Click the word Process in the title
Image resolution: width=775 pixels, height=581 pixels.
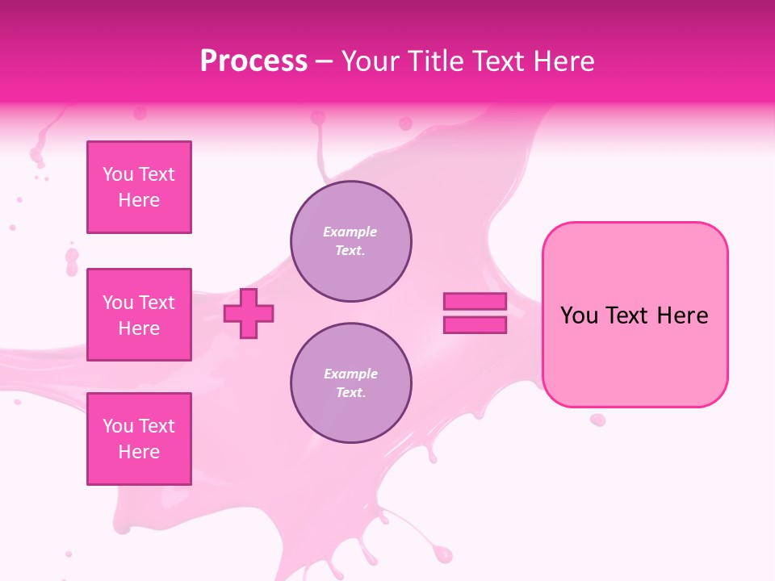pyautogui.click(x=253, y=61)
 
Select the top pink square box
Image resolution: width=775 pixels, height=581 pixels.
pyautogui.click(x=139, y=187)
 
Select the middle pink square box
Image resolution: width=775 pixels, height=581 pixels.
pyautogui.click(x=139, y=315)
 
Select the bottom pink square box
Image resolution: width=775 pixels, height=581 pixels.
pyautogui.click(x=139, y=439)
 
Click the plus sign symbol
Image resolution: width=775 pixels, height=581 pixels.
pyautogui.click(x=249, y=313)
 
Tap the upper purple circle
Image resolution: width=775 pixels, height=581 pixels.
pyautogui.click(x=350, y=241)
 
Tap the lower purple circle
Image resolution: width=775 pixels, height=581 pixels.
pyautogui.click(x=350, y=383)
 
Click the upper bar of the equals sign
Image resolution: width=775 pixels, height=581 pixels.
pyautogui.click(x=475, y=301)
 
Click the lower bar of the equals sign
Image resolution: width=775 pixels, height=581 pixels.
pyautogui.click(x=475, y=325)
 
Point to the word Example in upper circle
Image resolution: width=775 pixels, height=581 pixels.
pyautogui.click(x=350, y=232)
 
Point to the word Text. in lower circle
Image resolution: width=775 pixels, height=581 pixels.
pyautogui.click(x=350, y=393)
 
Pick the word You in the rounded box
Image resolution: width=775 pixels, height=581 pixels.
pyautogui.click(x=579, y=316)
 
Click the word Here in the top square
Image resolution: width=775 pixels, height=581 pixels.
pyautogui.click(x=139, y=200)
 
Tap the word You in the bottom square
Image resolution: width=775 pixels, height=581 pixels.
pyautogui.click(x=118, y=426)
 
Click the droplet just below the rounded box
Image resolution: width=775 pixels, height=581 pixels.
pyautogui.click(x=597, y=420)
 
